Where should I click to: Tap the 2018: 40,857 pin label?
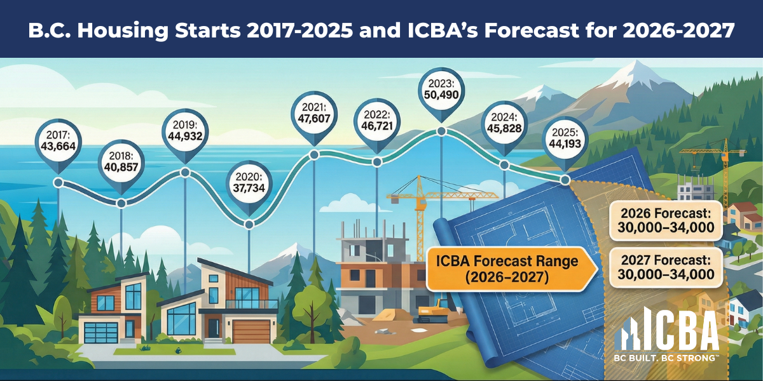pos(121,161)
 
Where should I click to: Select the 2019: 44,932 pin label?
pos(185,129)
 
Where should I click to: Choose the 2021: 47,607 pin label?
pos(314,112)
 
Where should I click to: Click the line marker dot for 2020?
pos(249,224)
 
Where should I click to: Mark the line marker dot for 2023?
pos(441,131)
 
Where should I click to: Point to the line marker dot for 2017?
pos(58,182)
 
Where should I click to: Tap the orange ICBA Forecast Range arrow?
pos(512,269)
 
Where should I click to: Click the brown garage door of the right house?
pos(252,331)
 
